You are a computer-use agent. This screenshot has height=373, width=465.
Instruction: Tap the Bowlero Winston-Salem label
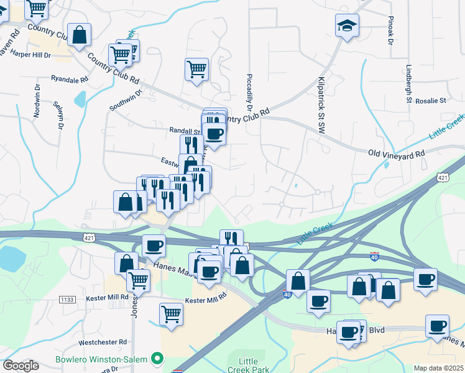(x=101, y=359)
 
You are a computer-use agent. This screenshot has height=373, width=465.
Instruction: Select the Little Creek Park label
(x=248, y=365)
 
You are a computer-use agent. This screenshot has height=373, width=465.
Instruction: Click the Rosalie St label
(x=431, y=100)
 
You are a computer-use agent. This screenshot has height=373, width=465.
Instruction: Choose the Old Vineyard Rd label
(x=396, y=152)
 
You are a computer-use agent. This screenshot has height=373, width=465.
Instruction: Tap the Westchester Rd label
(x=103, y=342)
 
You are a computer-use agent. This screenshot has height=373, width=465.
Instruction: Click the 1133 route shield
(x=68, y=300)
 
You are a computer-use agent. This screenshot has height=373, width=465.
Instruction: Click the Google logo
(x=21, y=366)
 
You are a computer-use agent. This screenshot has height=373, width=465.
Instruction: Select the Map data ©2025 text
(x=438, y=368)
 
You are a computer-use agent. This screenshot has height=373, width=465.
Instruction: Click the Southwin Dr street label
(x=126, y=97)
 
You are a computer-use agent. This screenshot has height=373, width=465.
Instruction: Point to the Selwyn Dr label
(x=59, y=115)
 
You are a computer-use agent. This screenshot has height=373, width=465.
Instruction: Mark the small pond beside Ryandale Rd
(x=80, y=99)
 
